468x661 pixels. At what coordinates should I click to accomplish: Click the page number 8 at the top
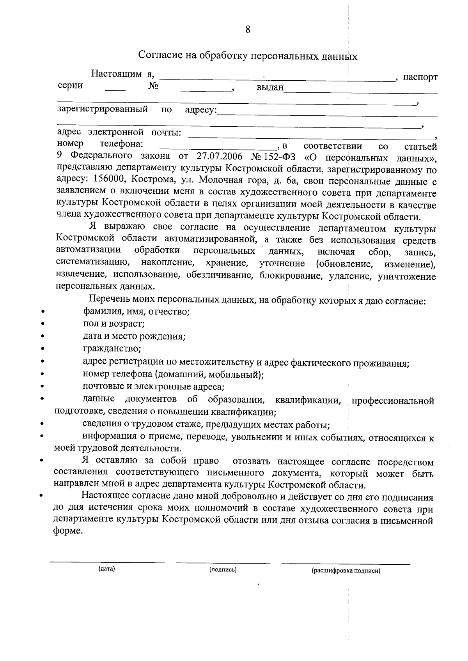248,30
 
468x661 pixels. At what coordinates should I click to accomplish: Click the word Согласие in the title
157,55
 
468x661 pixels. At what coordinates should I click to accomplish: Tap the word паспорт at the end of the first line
420,77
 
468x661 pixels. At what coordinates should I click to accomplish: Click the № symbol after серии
153,86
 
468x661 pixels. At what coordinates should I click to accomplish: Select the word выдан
269,87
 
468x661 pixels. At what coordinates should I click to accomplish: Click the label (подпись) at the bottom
223,570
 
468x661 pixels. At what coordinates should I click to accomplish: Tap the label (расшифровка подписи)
346,571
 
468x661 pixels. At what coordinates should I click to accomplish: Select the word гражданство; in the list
112,348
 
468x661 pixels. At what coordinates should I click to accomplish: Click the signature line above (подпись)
223,563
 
